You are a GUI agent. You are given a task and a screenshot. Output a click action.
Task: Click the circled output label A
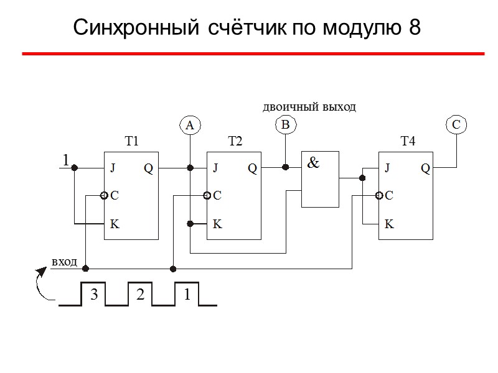pos(190,126)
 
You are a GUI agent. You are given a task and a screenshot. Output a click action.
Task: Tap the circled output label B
pos(285,126)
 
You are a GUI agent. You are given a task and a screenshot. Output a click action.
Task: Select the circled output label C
pos(456,126)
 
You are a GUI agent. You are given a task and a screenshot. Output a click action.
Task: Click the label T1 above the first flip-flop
pos(131,142)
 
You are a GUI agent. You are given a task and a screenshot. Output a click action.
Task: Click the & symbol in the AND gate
pos(314,163)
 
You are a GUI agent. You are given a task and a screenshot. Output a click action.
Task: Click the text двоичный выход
pos(309,107)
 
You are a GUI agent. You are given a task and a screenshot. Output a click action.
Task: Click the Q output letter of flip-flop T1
pos(148,168)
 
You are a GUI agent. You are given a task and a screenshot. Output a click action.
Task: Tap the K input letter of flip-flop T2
pos(217,224)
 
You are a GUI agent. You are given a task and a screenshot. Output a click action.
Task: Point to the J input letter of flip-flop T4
pos(387,168)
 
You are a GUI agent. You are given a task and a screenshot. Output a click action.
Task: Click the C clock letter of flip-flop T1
pos(114,196)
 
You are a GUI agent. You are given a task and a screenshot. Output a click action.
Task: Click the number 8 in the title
pos(415,27)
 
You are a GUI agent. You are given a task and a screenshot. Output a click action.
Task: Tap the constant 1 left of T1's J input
pos(65,161)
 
